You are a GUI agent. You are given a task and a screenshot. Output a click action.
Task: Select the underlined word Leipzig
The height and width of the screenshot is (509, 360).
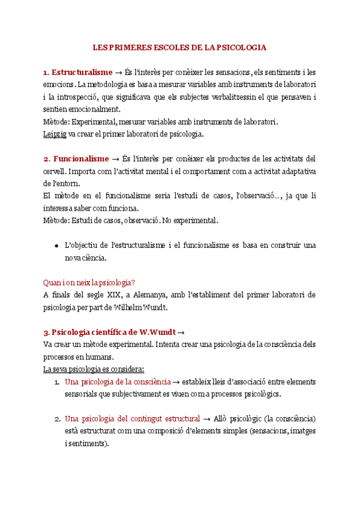click(55, 134)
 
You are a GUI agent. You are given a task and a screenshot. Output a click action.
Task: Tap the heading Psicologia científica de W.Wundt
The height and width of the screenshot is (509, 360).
click(110, 332)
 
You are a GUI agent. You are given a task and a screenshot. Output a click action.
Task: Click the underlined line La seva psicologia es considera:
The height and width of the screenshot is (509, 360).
click(94, 369)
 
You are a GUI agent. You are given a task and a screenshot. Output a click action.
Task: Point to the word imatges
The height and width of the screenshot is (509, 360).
click(302, 431)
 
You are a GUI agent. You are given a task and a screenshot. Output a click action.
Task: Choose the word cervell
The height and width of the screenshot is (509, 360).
click(55, 172)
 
